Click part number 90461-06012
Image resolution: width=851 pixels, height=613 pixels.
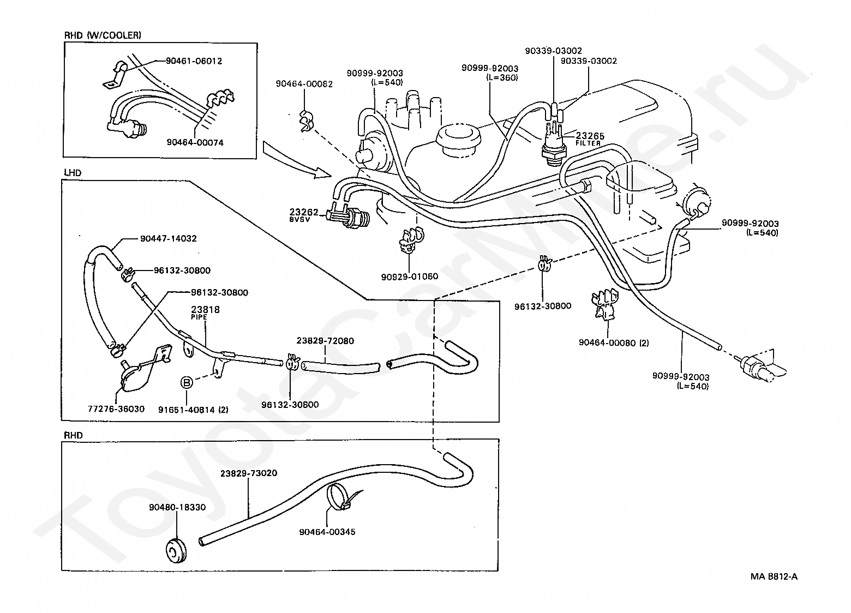[x=194, y=61]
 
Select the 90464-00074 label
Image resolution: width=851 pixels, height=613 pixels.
[x=195, y=143]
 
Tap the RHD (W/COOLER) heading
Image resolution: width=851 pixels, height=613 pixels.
[x=103, y=35]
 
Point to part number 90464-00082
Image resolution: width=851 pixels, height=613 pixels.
[x=304, y=84]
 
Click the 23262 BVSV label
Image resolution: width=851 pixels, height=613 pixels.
[x=303, y=214]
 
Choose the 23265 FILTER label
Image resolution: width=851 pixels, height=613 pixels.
[x=590, y=139]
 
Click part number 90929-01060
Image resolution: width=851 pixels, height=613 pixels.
[x=410, y=277]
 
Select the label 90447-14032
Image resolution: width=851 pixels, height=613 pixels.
[x=169, y=238]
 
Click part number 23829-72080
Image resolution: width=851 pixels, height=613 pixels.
[x=325, y=341]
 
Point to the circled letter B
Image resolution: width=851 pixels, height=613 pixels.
[x=187, y=382]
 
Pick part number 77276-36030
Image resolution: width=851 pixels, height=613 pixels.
[x=116, y=409]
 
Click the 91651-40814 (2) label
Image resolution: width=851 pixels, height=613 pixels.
[x=193, y=410]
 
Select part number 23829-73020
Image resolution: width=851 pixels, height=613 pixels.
[x=249, y=473]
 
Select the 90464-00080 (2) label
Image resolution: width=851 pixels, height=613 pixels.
[x=614, y=343]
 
